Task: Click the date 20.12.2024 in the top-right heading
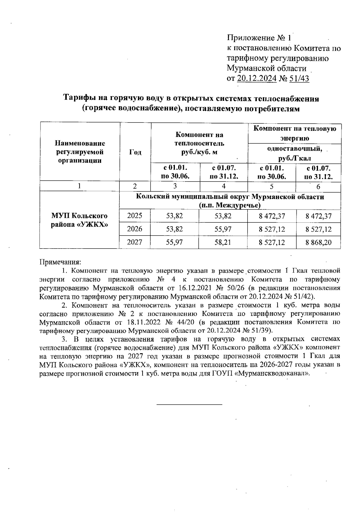pos(256,79)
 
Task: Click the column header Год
pos(135,152)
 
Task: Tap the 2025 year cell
pos(135,215)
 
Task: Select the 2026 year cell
pos(135,229)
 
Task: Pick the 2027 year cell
pos(135,242)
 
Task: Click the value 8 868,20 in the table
pos(318,242)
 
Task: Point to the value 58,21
pos(223,242)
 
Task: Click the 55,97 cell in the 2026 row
pos(223,229)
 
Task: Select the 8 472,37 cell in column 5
pos(272,215)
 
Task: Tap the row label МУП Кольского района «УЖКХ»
pos(79,220)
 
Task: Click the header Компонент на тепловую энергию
pos(295,133)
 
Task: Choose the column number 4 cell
pos(223,186)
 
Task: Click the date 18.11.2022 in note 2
pos(139,322)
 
